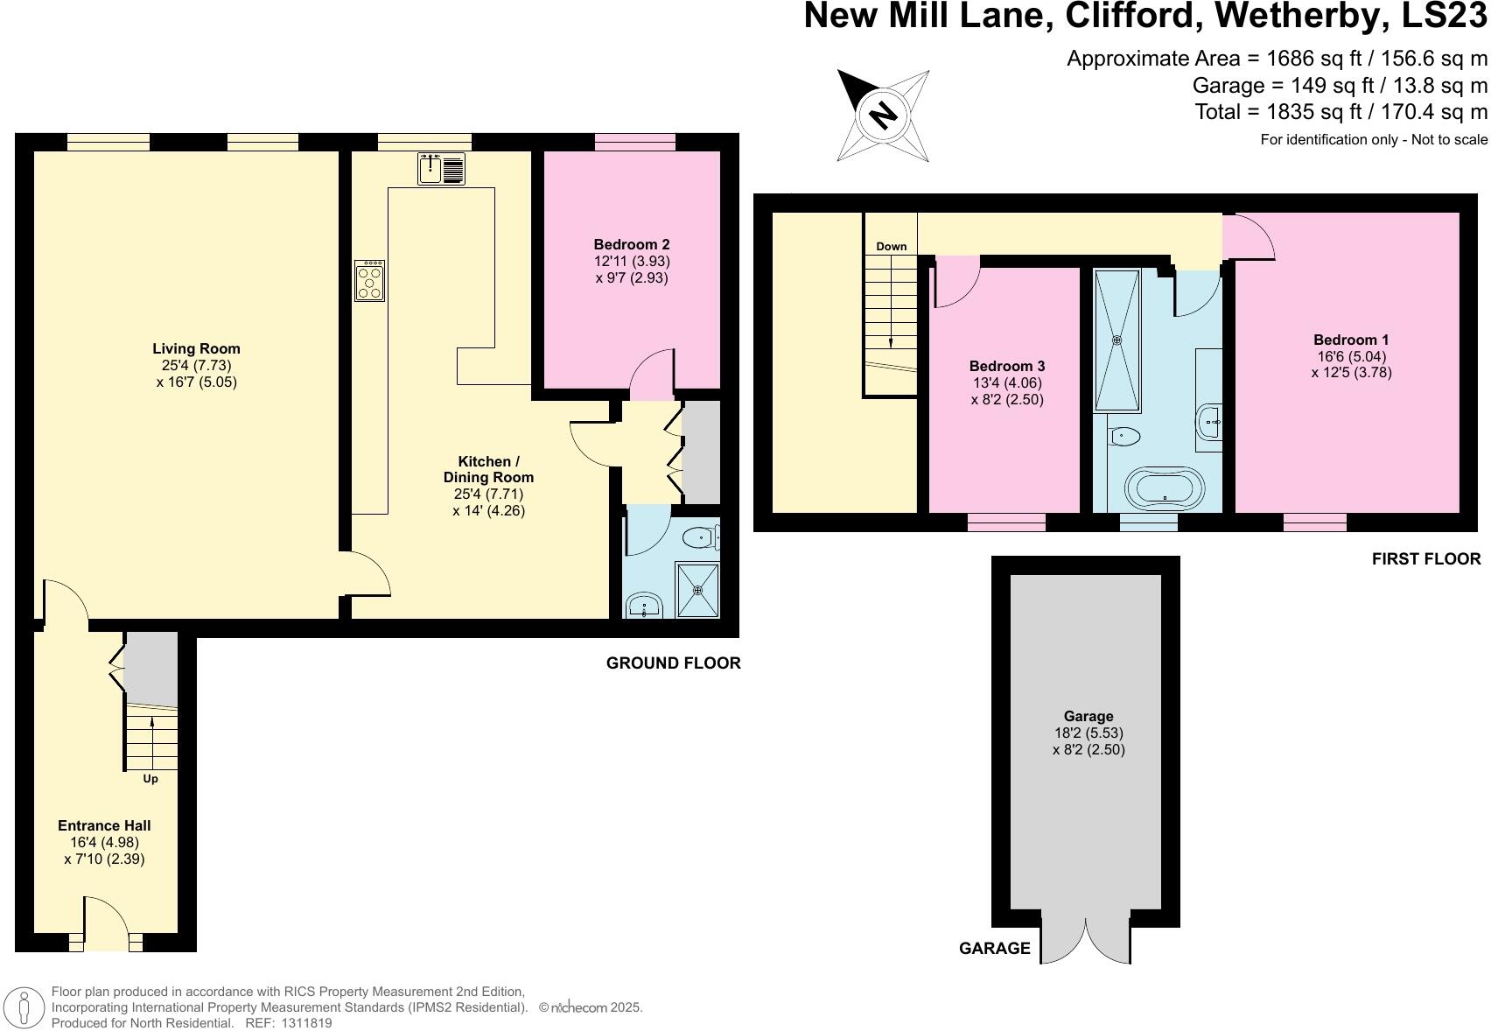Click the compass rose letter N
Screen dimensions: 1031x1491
tap(884, 115)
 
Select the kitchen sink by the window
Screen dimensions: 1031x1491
tap(441, 168)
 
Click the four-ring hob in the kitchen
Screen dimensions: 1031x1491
tap(370, 281)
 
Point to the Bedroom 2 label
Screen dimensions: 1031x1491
tap(631, 244)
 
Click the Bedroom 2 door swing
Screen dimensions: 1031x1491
tap(651, 373)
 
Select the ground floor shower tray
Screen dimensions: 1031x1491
tap(697, 590)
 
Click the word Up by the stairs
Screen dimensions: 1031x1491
tap(150, 778)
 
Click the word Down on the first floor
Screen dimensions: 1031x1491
tap(891, 246)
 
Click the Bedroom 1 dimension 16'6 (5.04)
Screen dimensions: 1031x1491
tap(1351, 356)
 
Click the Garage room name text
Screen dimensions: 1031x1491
tap(1088, 716)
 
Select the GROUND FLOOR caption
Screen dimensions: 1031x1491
tap(673, 663)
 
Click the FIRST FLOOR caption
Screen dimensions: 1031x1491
tap(1425, 559)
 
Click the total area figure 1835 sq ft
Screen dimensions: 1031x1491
tap(1278, 112)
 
